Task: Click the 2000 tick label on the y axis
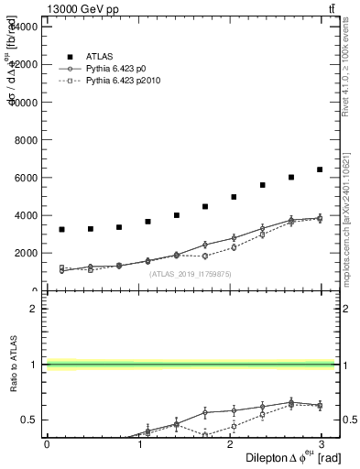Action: pyautogui.click(x=24, y=254)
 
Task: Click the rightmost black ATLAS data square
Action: pyautogui.click(x=320, y=169)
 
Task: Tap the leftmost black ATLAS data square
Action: pyautogui.click(x=61, y=229)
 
